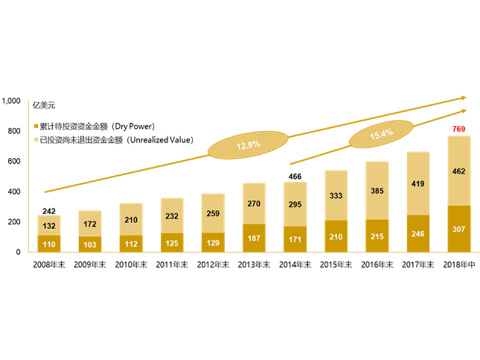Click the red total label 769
click(x=458, y=128)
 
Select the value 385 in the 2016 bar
click(x=377, y=191)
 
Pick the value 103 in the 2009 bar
click(x=90, y=244)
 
